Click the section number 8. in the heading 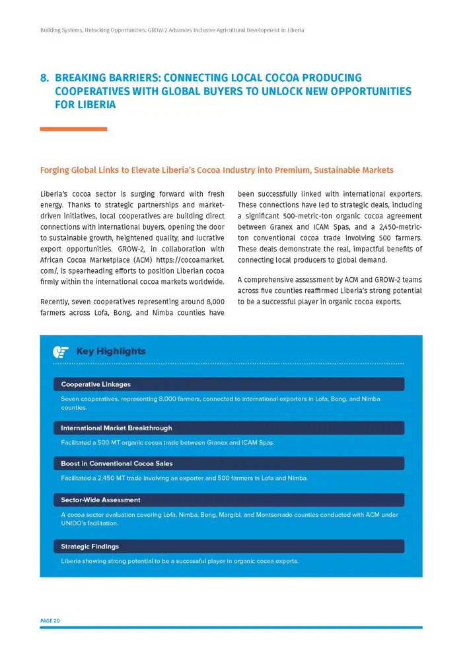(x=45, y=79)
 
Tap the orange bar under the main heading (x=73, y=129)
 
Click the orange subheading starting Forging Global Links (x=217, y=170)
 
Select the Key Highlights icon (x=61, y=351)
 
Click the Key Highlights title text (x=111, y=351)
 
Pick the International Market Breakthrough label (x=116, y=428)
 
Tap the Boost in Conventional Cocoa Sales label (x=117, y=463)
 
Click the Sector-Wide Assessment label (x=100, y=500)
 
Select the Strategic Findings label (x=90, y=546)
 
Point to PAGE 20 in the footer (x=50, y=620)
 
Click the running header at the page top (x=172, y=30)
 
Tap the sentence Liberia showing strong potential (x=180, y=561)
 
